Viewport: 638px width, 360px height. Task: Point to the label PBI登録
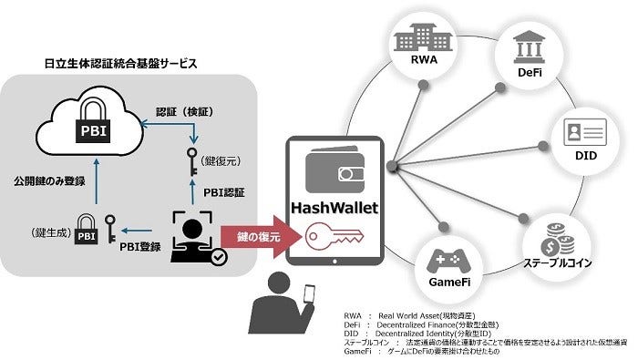pos(145,244)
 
